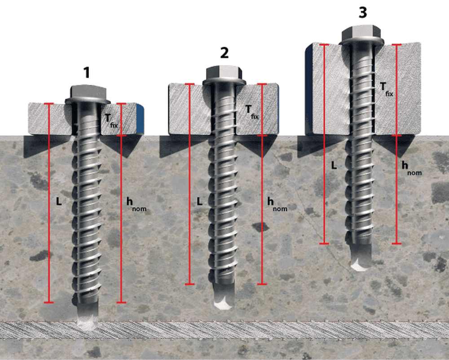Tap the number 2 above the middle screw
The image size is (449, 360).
[224, 53]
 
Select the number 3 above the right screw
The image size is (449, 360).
[363, 13]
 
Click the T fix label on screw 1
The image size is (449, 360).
[111, 121]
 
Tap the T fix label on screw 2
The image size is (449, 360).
[252, 112]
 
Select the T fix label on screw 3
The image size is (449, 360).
[386, 89]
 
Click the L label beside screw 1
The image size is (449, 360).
[59, 202]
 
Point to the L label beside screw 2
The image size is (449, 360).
[200, 202]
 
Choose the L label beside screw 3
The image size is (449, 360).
[334, 165]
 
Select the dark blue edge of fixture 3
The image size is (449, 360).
[309, 89]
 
